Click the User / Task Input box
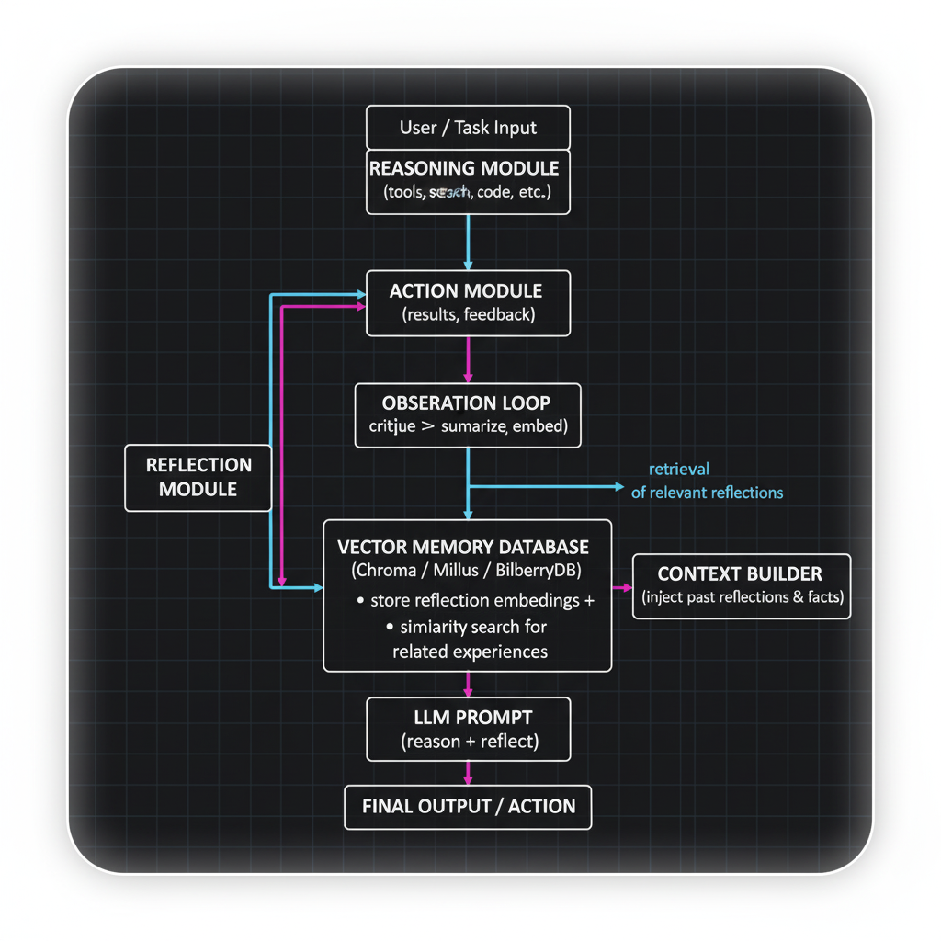click(x=468, y=127)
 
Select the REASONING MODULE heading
click(x=464, y=169)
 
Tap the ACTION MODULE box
click(x=468, y=302)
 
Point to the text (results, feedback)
click(x=469, y=316)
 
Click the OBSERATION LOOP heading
click(x=467, y=402)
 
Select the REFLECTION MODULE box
click(x=198, y=477)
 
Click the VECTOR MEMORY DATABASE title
click(x=463, y=547)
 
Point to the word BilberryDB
click(x=538, y=571)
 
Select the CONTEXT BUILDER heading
click(x=740, y=574)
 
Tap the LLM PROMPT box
click(x=468, y=729)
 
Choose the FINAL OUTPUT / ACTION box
click(x=468, y=807)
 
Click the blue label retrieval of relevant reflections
click(x=707, y=481)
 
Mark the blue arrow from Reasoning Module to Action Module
click(x=469, y=242)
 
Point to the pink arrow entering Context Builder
click(x=623, y=586)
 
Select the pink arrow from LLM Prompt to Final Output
click(x=469, y=773)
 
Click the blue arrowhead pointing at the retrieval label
click(x=618, y=486)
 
